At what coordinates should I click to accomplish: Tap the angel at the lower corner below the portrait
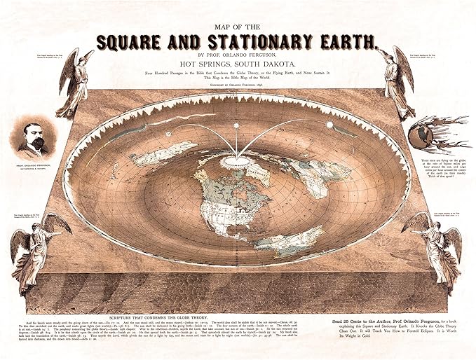pyautogui.click(x=35, y=249)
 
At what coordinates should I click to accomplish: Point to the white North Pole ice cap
pyautogui.click(x=238, y=163)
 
